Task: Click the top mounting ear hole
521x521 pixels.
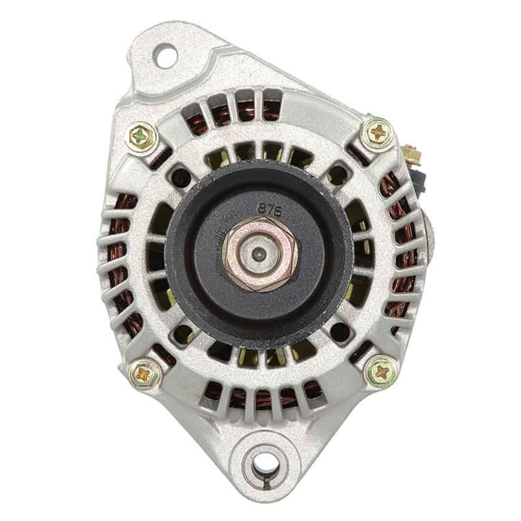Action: click(x=165, y=56)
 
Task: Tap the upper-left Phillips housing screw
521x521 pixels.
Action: click(x=142, y=137)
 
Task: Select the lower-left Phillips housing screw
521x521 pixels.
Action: click(x=144, y=374)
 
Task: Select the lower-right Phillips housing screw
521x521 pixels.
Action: click(x=381, y=372)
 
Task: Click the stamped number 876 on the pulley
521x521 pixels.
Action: click(x=270, y=210)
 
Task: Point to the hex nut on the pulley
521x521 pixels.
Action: click(x=259, y=255)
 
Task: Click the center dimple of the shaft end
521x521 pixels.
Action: click(x=259, y=255)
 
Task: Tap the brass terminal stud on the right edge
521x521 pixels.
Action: click(x=412, y=156)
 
